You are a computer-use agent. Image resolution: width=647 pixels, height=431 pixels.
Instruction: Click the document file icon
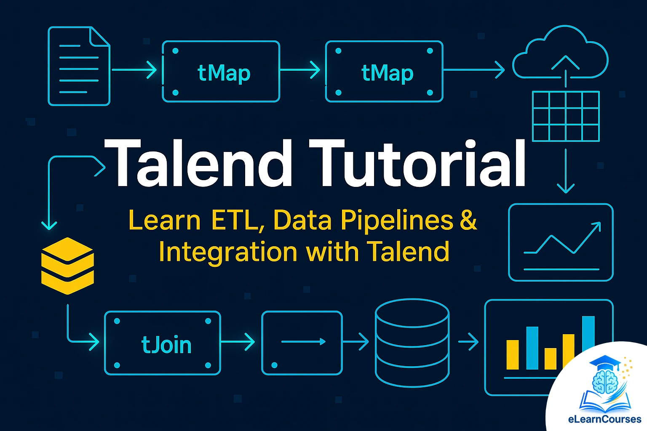click(79, 66)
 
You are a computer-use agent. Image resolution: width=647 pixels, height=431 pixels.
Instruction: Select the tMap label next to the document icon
click(224, 73)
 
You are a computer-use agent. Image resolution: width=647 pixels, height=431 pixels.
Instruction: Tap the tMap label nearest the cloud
click(387, 73)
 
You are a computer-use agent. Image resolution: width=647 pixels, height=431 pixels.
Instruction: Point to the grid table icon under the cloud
click(566, 116)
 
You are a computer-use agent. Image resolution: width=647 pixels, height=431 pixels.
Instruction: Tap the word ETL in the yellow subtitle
click(238, 220)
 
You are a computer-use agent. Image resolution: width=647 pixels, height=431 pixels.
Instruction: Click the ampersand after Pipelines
click(468, 219)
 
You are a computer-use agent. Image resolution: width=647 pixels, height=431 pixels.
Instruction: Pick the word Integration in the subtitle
click(228, 252)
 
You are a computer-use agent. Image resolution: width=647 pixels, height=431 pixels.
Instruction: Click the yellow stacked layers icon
click(67, 266)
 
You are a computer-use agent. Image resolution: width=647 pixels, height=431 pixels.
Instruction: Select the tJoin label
click(166, 345)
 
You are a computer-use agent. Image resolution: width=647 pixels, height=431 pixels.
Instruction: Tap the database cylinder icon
click(412, 343)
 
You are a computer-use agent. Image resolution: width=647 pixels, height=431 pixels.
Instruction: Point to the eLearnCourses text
click(604, 419)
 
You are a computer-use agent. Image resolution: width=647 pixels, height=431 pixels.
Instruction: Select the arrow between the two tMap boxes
click(302, 69)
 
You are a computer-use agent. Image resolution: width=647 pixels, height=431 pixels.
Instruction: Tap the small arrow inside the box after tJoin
click(303, 341)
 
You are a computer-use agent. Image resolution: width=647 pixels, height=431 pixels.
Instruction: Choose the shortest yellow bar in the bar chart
click(550, 359)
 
